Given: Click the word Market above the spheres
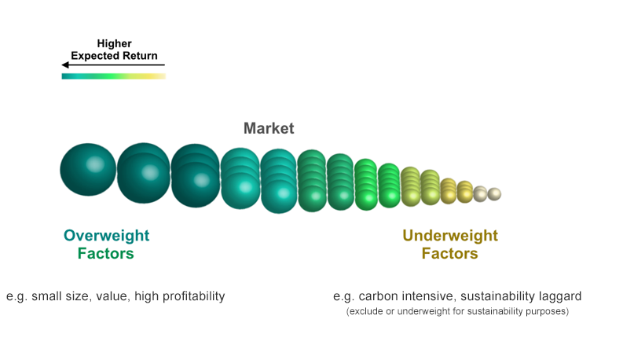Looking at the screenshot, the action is [269, 128].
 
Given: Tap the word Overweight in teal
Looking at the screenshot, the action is [107, 236].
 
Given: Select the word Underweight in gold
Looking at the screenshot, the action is [450, 236].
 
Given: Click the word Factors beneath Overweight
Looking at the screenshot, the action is [106, 254].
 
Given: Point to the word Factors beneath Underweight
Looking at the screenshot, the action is [449, 254].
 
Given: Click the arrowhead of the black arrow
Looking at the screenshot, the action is [64, 64].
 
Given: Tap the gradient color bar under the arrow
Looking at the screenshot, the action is [114, 76].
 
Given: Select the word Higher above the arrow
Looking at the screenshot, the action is [115, 44].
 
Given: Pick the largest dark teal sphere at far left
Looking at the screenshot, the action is [88, 170].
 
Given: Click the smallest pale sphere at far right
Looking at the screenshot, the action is [494, 194].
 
